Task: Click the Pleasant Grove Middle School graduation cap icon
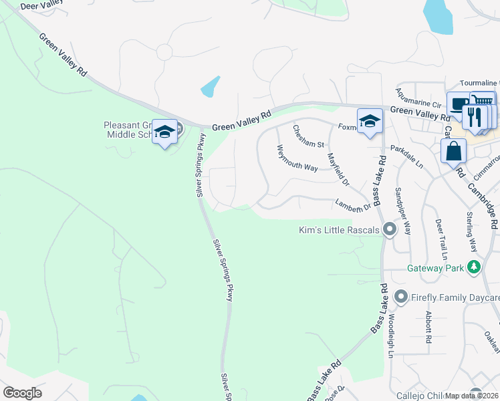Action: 164,132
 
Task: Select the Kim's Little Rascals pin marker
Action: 390,231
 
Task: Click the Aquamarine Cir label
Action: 418,99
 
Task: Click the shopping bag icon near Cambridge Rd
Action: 454,151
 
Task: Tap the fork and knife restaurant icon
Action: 475,117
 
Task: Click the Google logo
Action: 22,393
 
